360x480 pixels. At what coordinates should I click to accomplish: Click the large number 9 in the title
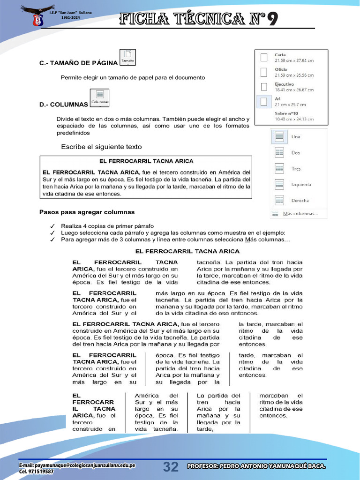click(x=273, y=19)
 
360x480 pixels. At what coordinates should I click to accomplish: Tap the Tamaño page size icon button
click(x=128, y=57)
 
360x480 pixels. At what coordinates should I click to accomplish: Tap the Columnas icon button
click(x=100, y=98)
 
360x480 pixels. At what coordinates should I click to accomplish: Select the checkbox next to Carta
click(x=264, y=57)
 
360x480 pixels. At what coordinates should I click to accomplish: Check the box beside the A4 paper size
click(x=264, y=101)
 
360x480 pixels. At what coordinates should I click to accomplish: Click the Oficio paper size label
click(x=281, y=69)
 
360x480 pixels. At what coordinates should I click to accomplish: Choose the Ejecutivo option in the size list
click(x=285, y=84)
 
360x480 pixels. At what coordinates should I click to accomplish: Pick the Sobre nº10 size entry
click(x=286, y=113)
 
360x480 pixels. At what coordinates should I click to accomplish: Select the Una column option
click(x=296, y=137)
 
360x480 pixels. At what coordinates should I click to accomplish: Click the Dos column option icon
click(x=279, y=152)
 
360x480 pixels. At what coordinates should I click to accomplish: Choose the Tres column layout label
click(x=296, y=169)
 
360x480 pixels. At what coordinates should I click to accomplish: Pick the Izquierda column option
click(x=300, y=185)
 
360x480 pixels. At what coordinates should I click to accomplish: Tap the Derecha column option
click(x=300, y=201)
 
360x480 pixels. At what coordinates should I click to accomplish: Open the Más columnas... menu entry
click(x=300, y=214)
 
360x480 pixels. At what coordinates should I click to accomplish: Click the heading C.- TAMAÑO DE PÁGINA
click(x=78, y=63)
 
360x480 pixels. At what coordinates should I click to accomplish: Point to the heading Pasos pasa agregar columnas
click(x=87, y=212)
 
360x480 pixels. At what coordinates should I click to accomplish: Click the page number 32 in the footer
click(x=171, y=467)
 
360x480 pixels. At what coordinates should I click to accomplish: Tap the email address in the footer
click(x=77, y=465)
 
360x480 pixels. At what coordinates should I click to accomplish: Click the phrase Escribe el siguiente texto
click(x=101, y=147)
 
